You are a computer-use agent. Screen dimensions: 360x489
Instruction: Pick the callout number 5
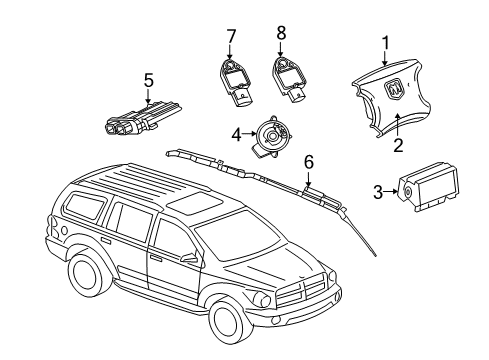(x=148, y=79)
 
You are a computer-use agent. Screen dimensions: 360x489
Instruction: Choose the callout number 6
(x=308, y=160)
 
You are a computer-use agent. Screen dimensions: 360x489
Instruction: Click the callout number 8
(x=282, y=37)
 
